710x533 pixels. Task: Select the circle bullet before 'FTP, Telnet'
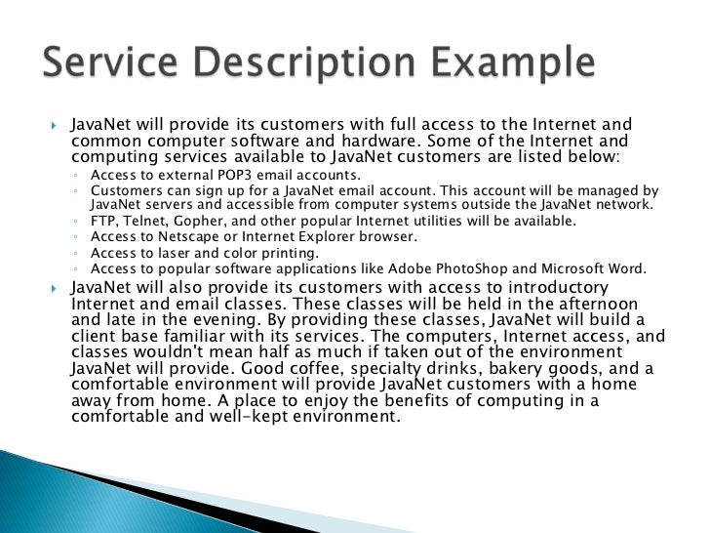(x=76, y=222)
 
